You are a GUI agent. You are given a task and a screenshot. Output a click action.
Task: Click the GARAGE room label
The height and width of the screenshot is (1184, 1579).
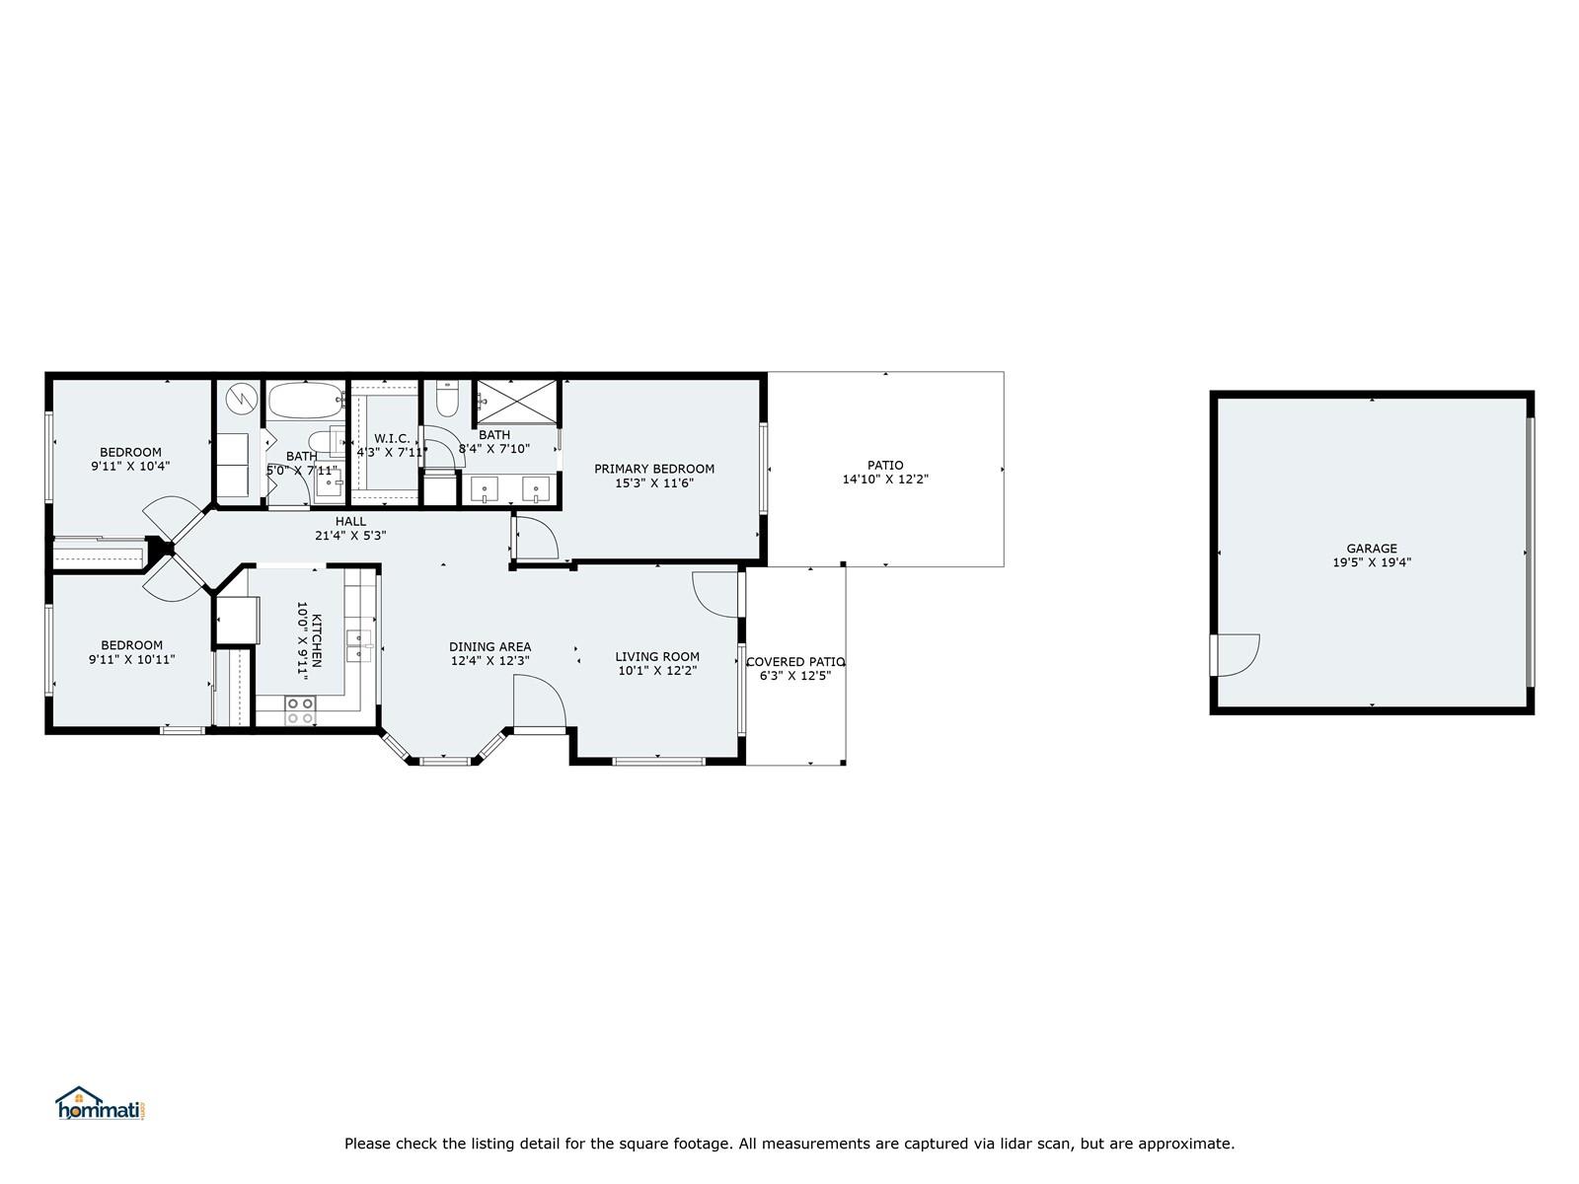[1371, 549]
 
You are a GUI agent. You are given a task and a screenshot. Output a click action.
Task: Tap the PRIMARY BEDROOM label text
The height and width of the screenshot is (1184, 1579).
[654, 469]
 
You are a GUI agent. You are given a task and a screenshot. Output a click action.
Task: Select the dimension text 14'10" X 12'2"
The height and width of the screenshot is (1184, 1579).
[885, 479]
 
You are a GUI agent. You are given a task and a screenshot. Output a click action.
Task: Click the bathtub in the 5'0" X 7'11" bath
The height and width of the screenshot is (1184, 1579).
[305, 401]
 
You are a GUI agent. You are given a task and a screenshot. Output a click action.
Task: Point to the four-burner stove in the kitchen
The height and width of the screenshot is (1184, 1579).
[300, 710]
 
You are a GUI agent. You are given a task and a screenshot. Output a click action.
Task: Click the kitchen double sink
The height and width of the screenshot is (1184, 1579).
[358, 645]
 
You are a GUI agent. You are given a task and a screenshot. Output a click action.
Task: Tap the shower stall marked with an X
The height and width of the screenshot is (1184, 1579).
[516, 402]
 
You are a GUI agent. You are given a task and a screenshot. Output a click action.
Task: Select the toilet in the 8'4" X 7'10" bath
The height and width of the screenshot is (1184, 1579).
[447, 398]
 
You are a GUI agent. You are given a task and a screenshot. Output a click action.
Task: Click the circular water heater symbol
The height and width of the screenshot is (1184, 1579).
[242, 399]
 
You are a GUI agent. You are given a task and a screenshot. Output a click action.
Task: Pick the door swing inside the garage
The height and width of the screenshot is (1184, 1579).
[1236, 655]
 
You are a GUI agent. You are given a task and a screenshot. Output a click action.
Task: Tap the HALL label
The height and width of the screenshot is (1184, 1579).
[350, 521]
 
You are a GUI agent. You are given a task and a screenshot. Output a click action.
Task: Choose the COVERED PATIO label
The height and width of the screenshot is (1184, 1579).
[795, 661]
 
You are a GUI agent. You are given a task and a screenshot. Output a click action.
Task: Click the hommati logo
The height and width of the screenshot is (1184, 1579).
[100, 1104]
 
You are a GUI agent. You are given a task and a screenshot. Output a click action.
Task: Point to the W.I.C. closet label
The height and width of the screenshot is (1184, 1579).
[392, 438]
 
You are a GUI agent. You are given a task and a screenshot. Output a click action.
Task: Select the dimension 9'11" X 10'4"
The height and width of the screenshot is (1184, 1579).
[130, 466]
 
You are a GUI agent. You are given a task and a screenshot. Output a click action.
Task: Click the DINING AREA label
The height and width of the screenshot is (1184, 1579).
[489, 647]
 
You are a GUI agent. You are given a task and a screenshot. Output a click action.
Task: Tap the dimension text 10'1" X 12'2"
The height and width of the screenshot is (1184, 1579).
[657, 671]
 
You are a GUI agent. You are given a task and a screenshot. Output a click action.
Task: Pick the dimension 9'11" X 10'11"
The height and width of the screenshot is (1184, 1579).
[131, 659]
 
